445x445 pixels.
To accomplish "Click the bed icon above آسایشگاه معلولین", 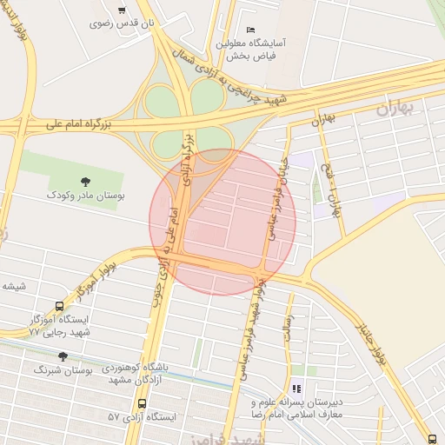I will pyautogui.click(x=250, y=30).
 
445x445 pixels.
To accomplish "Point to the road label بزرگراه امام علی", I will pyautogui.click(x=81, y=126).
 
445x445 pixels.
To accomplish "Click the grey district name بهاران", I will pyautogui.click(x=399, y=109).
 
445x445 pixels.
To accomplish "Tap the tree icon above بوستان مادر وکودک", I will pyautogui.click(x=85, y=182).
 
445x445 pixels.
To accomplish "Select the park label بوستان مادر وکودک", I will pyautogui.click(x=85, y=196).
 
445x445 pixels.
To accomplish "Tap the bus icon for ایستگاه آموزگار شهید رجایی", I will pyautogui.click(x=59, y=307).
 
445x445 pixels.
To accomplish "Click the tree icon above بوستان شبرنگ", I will pyautogui.click(x=62, y=355).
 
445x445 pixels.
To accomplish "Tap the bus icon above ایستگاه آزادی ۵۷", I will pyautogui.click(x=142, y=403).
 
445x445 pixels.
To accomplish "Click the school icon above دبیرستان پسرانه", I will pyautogui.click(x=296, y=389).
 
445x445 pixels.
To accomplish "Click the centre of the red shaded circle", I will pyautogui.click(x=223, y=222).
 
